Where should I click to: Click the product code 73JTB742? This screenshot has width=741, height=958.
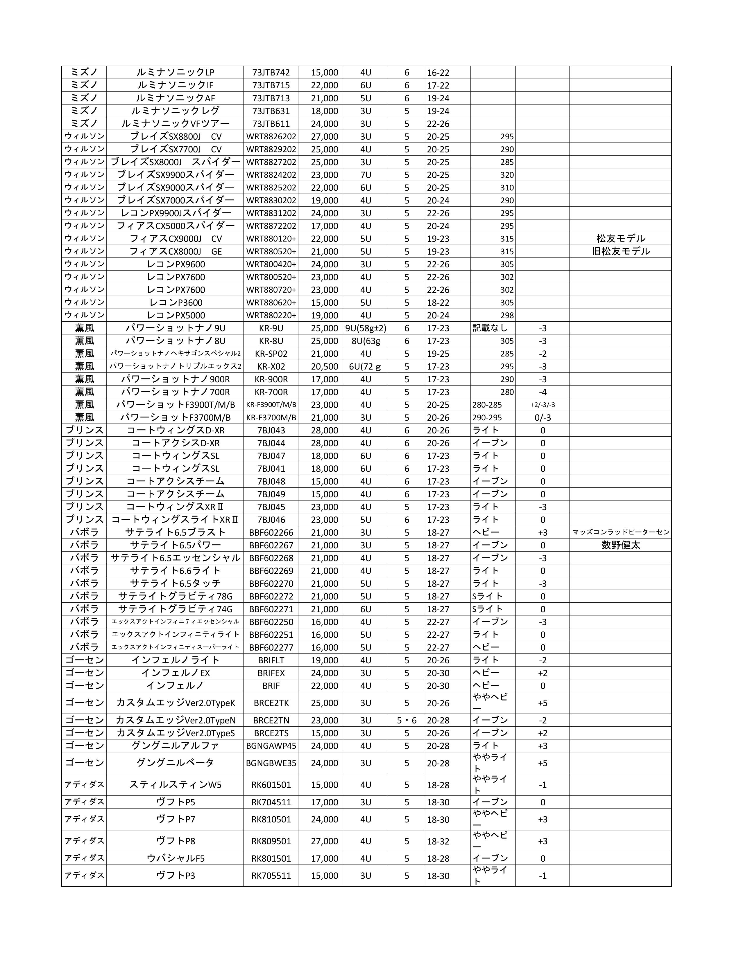[x=271, y=72]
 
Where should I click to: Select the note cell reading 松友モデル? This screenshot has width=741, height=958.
[x=620, y=239]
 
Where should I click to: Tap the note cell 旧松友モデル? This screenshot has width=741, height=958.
[x=620, y=251]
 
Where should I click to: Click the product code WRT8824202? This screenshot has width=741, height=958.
[x=271, y=174]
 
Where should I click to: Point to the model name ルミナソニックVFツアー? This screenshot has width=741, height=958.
[x=175, y=124]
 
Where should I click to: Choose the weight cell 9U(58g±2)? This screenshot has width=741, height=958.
[x=366, y=328]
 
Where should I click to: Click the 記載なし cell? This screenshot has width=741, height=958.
[x=490, y=328]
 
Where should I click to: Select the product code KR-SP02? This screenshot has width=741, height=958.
[x=271, y=354]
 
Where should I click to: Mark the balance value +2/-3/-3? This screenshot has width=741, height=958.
[x=543, y=405]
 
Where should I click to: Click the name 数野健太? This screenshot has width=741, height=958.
[x=620, y=545]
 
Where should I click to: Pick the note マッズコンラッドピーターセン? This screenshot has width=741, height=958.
[x=620, y=532]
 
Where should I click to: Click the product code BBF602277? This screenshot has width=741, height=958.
[x=271, y=647]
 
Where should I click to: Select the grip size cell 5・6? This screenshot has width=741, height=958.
[x=407, y=720]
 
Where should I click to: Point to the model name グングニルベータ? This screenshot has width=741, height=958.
[x=175, y=763]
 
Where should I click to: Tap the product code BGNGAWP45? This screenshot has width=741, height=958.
[x=271, y=746]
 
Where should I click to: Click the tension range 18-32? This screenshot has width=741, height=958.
[x=438, y=841]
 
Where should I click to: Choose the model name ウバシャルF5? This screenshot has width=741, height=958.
[x=175, y=858]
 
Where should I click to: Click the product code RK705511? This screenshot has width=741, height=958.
[x=271, y=876]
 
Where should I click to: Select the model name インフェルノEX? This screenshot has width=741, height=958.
[x=175, y=673]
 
